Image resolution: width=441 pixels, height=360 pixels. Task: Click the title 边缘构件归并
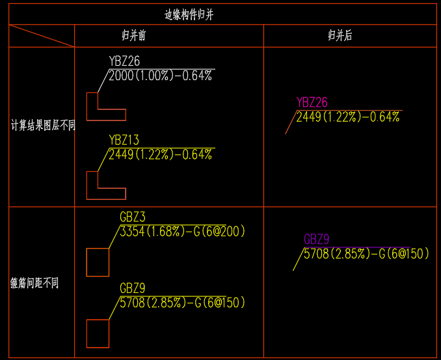click(189, 15)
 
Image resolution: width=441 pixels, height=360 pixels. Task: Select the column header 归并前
click(133, 36)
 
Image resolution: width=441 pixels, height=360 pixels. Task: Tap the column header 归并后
click(340, 36)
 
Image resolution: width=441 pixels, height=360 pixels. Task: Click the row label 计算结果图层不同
click(43, 125)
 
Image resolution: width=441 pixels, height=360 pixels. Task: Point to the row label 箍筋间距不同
click(34, 283)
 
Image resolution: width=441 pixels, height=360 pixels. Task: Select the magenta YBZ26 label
click(312, 102)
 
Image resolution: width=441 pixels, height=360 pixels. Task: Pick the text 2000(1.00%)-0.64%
click(161, 76)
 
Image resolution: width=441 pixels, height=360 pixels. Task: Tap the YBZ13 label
click(124, 140)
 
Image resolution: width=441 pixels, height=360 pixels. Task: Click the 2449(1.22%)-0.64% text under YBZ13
click(161, 155)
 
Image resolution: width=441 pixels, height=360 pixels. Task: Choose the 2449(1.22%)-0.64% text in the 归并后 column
click(348, 117)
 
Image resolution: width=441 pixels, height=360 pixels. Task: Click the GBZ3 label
click(133, 216)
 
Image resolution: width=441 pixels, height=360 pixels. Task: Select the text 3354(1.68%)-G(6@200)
click(182, 232)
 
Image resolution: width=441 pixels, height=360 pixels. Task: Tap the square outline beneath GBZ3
click(98, 262)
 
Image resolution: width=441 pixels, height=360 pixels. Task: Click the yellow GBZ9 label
click(133, 288)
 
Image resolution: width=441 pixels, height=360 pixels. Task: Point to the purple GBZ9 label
click(317, 239)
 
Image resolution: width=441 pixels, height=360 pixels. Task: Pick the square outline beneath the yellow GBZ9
click(98, 333)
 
